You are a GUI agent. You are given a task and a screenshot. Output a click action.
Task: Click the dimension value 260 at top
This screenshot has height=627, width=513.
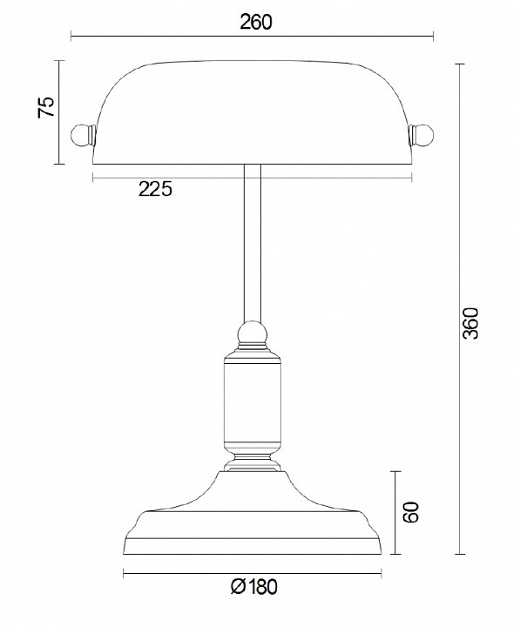[255, 22]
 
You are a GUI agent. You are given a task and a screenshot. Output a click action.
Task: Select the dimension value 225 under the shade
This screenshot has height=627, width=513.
[156, 189]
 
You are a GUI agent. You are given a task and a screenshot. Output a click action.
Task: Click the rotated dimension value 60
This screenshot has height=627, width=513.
[413, 512]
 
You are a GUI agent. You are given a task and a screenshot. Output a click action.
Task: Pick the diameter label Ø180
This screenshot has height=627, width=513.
[254, 587]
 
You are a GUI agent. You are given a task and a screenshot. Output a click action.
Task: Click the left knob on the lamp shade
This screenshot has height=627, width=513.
[80, 135]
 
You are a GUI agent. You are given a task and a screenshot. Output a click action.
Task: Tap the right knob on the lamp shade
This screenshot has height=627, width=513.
[422, 135]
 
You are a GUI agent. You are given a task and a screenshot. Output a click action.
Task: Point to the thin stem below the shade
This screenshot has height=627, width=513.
[252, 244]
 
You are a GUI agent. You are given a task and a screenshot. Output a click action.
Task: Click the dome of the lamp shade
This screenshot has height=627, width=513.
[252, 109]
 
